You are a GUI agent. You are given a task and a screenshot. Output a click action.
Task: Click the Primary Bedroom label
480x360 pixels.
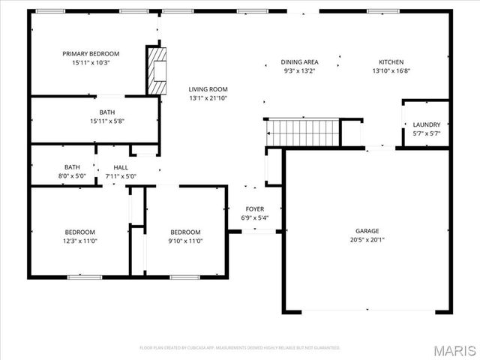click(x=91, y=53)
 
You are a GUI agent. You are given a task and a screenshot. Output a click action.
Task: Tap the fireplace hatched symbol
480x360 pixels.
click(x=156, y=71)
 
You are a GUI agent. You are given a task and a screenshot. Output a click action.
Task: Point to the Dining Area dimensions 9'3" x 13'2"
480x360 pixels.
click(x=299, y=71)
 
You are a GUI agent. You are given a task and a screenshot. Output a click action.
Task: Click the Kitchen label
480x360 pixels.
click(x=391, y=62)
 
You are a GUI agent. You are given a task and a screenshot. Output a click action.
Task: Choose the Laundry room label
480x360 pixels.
click(x=426, y=124)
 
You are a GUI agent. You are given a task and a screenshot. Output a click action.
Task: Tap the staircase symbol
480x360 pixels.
click(x=304, y=133)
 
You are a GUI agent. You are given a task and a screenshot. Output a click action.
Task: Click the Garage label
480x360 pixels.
click(x=367, y=231)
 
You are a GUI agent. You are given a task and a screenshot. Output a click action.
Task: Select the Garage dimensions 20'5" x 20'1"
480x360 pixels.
click(x=367, y=240)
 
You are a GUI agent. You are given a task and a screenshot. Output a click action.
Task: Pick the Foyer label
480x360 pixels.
click(x=255, y=209)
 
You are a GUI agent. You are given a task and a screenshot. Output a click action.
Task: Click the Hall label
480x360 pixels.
click(x=121, y=167)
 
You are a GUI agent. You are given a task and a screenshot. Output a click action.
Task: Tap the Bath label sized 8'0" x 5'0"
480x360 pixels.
click(x=72, y=167)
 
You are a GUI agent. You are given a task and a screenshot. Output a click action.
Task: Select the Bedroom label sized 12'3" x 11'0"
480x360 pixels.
click(x=79, y=232)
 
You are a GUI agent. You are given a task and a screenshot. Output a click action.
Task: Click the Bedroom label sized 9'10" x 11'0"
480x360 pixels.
click(x=185, y=232)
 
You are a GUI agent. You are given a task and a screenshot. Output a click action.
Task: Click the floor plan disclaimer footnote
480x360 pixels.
click(x=240, y=347)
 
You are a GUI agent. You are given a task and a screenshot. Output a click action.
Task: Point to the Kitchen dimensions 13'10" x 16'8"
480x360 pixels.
click(x=391, y=71)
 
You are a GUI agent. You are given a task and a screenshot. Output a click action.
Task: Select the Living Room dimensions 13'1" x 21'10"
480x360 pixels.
click(x=208, y=98)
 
